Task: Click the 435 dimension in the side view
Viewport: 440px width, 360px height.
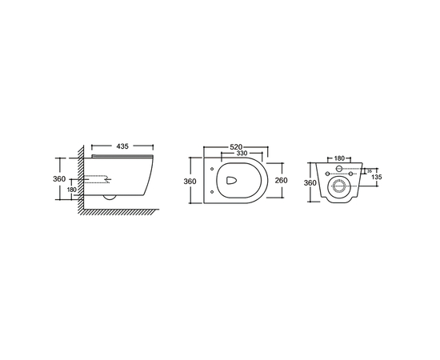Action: point(122,147)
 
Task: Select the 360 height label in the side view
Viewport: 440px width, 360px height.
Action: point(60,179)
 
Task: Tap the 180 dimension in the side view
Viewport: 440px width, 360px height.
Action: point(73,190)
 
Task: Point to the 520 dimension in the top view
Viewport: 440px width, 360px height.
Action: point(236,147)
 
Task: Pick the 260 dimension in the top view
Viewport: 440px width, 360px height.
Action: point(282,181)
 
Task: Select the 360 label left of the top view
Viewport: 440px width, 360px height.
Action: point(190,182)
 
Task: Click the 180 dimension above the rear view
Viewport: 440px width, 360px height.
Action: point(338,159)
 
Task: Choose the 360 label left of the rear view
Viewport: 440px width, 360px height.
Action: point(309,182)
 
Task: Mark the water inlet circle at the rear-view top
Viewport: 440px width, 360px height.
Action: point(338,169)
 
